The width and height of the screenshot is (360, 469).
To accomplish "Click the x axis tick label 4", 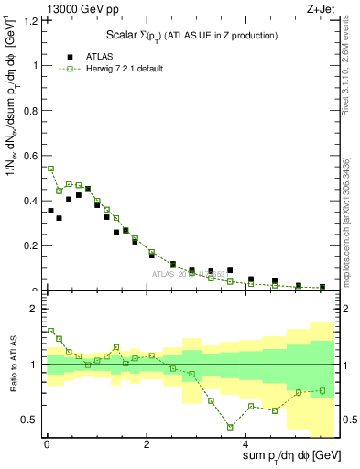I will tap(246, 446).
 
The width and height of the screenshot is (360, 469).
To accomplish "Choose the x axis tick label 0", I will tap(47, 446).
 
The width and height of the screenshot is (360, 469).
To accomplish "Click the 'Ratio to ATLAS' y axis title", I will tap(13, 366).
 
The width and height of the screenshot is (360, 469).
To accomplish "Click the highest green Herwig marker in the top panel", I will tap(50, 169).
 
